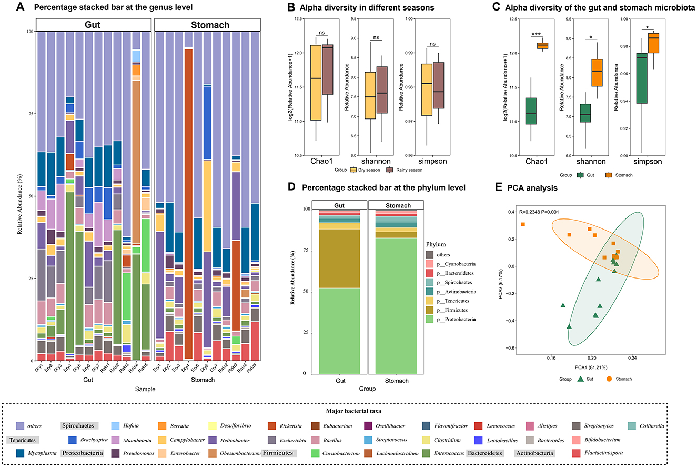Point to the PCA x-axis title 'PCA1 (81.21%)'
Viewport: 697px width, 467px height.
tap(592, 367)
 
